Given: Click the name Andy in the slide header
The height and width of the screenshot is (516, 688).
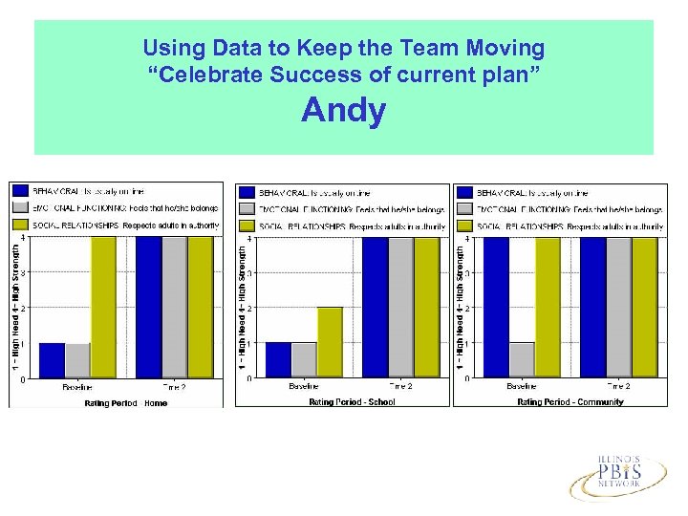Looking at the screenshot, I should [x=343, y=111].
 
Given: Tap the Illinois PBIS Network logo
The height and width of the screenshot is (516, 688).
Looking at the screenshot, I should [x=619, y=475].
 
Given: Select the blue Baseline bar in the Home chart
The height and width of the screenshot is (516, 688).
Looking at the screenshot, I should [x=52, y=360].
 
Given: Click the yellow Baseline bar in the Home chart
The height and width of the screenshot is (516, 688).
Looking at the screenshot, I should [x=103, y=307].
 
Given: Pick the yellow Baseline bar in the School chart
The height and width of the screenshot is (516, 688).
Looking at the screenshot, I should [x=330, y=342].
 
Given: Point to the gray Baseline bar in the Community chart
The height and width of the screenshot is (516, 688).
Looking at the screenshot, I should [x=521, y=360].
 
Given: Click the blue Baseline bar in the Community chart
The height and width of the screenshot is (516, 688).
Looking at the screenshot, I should [x=495, y=307].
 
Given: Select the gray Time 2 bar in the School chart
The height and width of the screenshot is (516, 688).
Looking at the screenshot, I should [x=400, y=307].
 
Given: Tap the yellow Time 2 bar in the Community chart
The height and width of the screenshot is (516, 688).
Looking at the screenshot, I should [x=645, y=307].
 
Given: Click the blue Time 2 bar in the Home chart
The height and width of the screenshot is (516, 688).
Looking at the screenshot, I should [x=148, y=307].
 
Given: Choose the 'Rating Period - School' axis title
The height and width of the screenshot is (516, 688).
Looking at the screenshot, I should [x=352, y=402].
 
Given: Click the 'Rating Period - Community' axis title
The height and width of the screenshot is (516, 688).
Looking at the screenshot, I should [x=570, y=402].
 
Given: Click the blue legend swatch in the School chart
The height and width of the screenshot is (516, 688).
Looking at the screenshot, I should [x=247, y=192].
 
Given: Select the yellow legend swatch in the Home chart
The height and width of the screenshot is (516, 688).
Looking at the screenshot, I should [x=20, y=225].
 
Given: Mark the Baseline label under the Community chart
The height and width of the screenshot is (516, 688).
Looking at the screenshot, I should [x=521, y=387].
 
